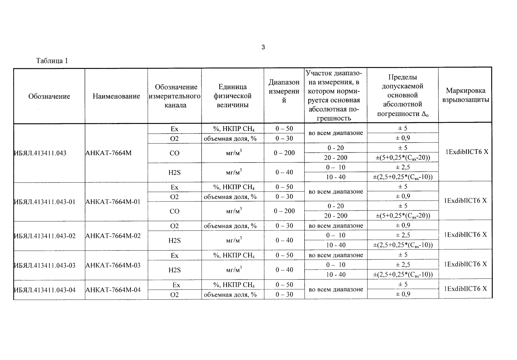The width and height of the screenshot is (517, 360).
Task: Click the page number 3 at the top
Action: point(263,47)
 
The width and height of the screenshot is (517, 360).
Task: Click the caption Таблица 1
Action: point(52,61)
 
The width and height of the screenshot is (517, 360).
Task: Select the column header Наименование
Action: point(116,96)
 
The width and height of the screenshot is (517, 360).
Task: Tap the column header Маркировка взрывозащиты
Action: point(465,95)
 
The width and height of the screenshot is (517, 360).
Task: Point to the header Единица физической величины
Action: point(232,96)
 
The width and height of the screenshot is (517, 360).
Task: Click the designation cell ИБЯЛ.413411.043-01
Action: point(45,202)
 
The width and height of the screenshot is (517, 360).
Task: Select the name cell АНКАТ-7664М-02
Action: point(113,236)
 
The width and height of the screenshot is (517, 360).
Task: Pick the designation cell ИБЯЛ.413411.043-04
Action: point(45,290)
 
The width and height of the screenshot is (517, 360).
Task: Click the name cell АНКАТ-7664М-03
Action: point(113,265)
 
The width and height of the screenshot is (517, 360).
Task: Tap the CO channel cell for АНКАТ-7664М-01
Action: point(174,211)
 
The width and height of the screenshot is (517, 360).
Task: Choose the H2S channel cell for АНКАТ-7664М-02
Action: point(174,240)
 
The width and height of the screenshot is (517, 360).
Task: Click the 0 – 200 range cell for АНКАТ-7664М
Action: point(284,153)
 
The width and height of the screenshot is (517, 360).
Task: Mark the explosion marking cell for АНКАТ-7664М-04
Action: point(465,288)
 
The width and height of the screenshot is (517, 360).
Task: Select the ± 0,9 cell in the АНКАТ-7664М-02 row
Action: point(403,225)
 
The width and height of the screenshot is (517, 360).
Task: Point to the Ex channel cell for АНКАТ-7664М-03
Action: point(174,255)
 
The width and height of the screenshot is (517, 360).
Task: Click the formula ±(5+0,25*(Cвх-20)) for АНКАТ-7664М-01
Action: point(403,216)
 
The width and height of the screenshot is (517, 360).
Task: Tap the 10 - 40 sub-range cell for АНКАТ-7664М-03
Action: point(335,274)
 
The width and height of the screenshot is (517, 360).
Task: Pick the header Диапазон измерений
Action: point(284,91)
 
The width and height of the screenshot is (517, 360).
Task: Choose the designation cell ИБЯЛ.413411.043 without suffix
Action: point(40,153)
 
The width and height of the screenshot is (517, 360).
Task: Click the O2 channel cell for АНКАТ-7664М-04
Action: point(174,294)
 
